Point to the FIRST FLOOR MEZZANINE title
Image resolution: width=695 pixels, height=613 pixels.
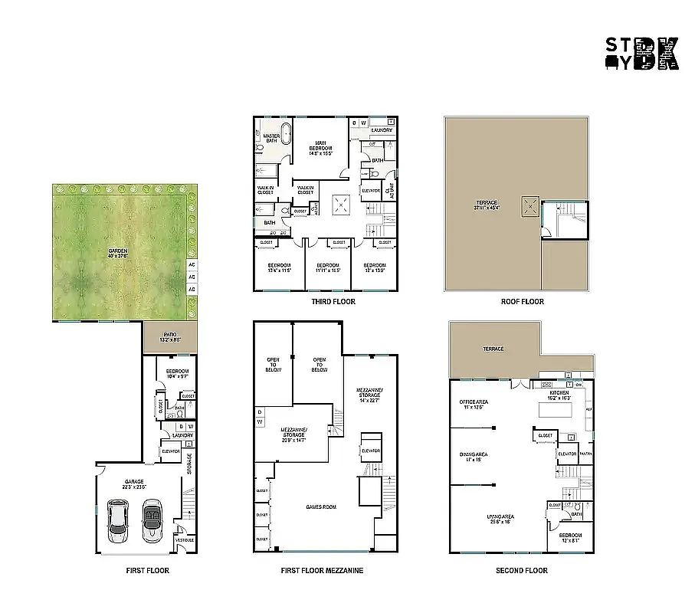click(x=322, y=571)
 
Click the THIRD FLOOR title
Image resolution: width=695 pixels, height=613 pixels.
click(x=333, y=302)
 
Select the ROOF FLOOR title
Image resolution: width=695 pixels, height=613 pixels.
click(x=522, y=302)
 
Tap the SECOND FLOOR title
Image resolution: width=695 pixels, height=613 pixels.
click(x=521, y=571)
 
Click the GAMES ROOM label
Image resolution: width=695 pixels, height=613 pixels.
click(x=320, y=506)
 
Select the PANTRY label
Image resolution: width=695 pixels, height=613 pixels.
click(x=585, y=454)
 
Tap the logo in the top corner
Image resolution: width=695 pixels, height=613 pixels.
click(x=642, y=54)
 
